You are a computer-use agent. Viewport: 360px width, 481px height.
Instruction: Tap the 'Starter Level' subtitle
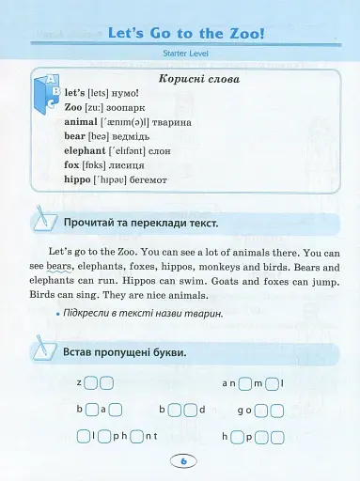(180, 59)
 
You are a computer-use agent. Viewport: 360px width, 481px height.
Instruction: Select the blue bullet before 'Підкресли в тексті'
(57, 313)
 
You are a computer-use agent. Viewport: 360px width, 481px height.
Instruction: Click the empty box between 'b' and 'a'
(91, 410)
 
